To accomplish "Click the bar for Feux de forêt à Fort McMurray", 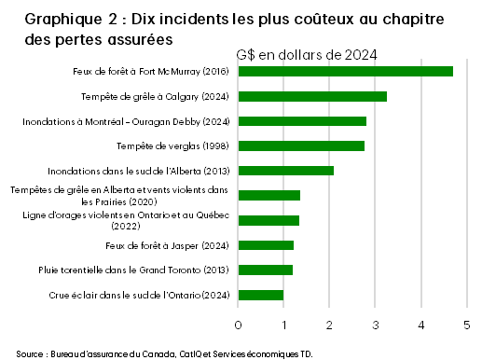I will [x=345, y=71].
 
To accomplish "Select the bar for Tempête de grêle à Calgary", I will [x=312, y=96].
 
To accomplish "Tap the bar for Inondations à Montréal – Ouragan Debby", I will [x=302, y=121].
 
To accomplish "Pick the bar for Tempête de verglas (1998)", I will [x=301, y=145].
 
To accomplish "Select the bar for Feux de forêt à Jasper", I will [x=266, y=245].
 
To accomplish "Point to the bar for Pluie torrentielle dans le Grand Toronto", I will [x=266, y=270].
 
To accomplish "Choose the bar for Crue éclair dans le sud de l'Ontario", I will [x=261, y=296].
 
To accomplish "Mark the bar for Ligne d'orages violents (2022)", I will [x=269, y=220].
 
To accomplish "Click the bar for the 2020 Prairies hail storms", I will [x=269, y=195].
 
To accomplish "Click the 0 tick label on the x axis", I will [x=239, y=325].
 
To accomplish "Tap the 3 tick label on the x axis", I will [x=376, y=325].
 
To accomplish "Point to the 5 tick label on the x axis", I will [x=467, y=325].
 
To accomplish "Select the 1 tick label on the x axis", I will [x=284, y=325].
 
